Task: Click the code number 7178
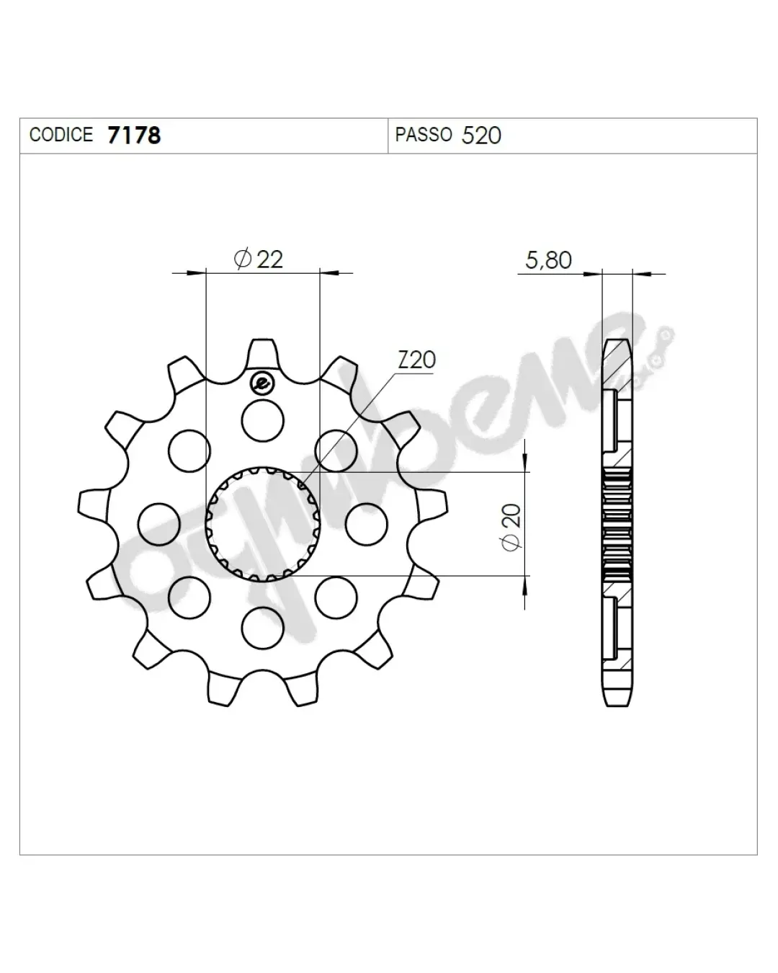(x=134, y=135)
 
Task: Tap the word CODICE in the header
(x=61, y=135)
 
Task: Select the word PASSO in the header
(x=424, y=135)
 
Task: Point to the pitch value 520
(x=481, y=135)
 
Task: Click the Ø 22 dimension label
(x=259, y=259)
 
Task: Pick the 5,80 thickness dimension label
(x=548, y=260)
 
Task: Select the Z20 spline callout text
(x=417, y=360)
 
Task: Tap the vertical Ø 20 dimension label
(x=511, y=528)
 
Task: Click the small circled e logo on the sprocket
(x=263, y=383)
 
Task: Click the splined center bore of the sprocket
(x=263, y=525)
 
